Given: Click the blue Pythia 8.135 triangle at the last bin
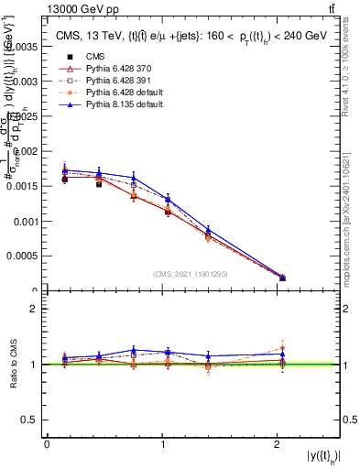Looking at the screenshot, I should click(x=282, y=275).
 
